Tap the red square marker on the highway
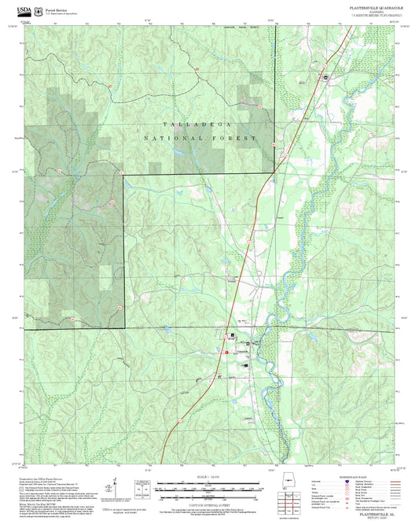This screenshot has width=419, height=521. pos(226,353)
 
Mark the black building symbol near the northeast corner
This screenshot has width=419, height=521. pos(322,77)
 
